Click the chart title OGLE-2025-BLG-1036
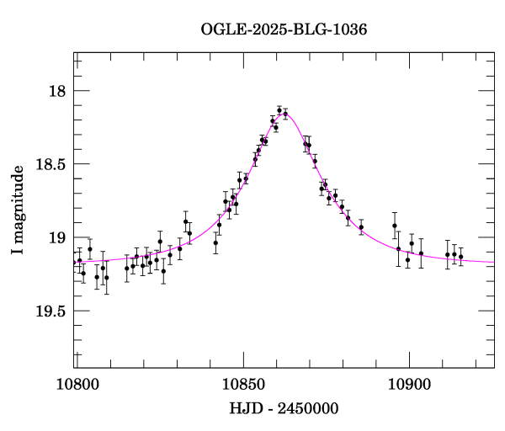[x=284, y=29]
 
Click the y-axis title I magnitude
[x=17, y=210]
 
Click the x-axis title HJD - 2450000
[x=284, y=408]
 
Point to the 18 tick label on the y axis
[x=57, y=91]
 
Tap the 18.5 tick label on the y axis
[x=50, y=164]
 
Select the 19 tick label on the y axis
[x=57, y=237]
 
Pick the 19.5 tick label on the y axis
[x=50, y=311]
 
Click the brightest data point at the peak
[x=279, y=110]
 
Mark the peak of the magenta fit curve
[x=283, y=111]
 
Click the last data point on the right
[x=460, y=257]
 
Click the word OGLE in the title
[x=221, y=29]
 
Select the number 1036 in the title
[x=348, y=29]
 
